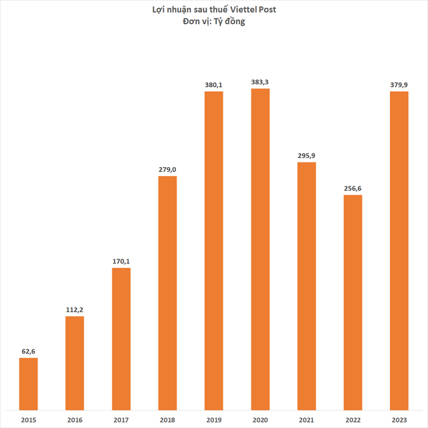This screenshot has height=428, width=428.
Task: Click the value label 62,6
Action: point(28,350)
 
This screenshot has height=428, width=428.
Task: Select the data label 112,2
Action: point(74,309)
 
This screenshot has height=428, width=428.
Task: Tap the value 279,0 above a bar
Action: point(167,169)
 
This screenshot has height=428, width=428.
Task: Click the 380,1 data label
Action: point(213,84)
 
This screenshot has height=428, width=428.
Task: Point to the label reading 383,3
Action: point(260,81)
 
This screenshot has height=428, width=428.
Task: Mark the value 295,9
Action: point(306,154)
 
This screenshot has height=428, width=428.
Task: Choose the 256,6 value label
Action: point(352,187)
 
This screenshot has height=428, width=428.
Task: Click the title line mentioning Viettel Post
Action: point(213,9)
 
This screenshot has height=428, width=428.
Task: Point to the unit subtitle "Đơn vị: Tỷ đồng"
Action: point(213,21)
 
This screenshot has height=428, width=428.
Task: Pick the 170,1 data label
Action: point(121,261)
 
